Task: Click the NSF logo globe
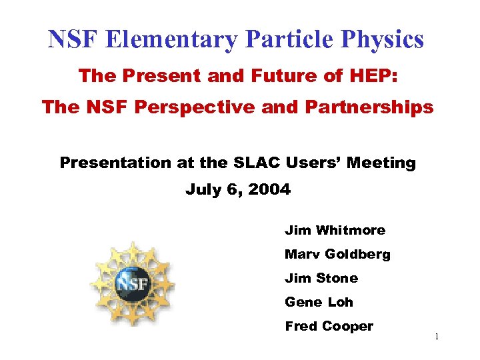(x=132, y=283)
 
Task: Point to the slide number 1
(x=436, y=337)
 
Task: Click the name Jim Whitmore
(x=335, y=230)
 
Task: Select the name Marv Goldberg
(x=337, y=254)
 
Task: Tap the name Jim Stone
(x=321, y=278)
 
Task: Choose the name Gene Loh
(x=319, y=302)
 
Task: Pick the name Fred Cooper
(x=329, y=326)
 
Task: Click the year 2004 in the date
(x=269, y=189)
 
